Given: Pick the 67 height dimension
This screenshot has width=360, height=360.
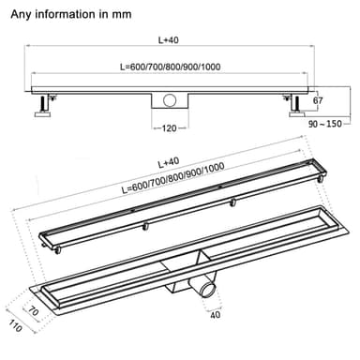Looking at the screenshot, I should coord(319,100).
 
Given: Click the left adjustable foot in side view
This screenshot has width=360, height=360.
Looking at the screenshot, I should coord(44,110).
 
